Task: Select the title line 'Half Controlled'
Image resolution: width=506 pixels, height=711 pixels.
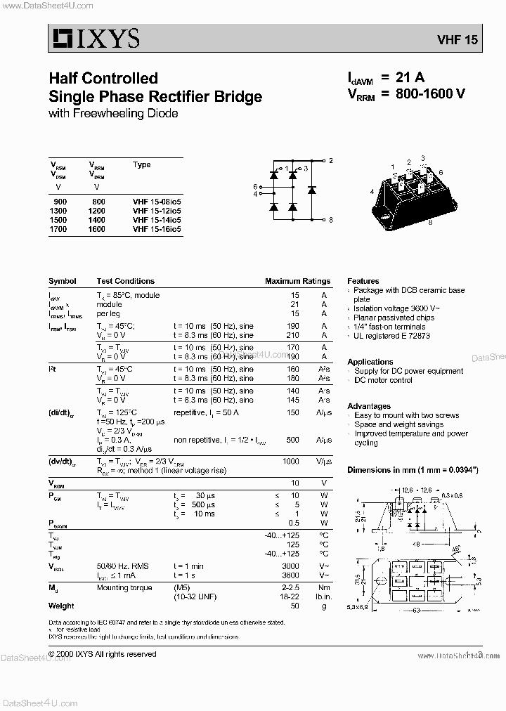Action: pyautogui.click(x=103, y=78)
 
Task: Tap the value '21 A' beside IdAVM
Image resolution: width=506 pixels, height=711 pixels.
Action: pyautogui.click(x=412, y=77)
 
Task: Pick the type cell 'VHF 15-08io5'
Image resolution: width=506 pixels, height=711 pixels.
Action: pyautogui.click(x=156, y=202)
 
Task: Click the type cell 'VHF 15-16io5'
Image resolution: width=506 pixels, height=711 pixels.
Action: pyautogui.click(x=156, y=229)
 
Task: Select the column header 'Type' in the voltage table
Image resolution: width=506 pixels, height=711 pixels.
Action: pyautogui.click(x=141, y=165)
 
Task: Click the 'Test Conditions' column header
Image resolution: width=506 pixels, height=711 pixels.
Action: pyautogui.click(x=126, y=281)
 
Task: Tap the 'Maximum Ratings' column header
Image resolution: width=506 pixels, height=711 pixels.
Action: pyautogui.click(x=297, y=281)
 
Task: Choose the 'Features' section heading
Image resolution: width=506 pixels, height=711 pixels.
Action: pyautogui.click(x=363, y=281)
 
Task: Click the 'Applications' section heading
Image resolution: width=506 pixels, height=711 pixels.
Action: pyautogui.click(x=370, y=363)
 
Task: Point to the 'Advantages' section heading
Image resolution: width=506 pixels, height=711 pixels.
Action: pyautogui.click(x=369, y=406)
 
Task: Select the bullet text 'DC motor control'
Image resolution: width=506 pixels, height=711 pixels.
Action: pyautogui.click(x=383, y=380)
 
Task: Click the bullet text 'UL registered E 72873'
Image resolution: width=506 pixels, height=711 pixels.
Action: pyautogui.click(x=391, y=336)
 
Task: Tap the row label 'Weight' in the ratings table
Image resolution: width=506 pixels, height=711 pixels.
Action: pyautogui.click(x=61, y=606)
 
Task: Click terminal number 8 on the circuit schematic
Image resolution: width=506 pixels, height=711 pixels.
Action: pyautogui.click(x=330, y=220)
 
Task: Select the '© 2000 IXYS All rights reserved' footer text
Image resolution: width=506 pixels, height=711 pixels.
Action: pyautogui.click(x=103, y=654)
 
